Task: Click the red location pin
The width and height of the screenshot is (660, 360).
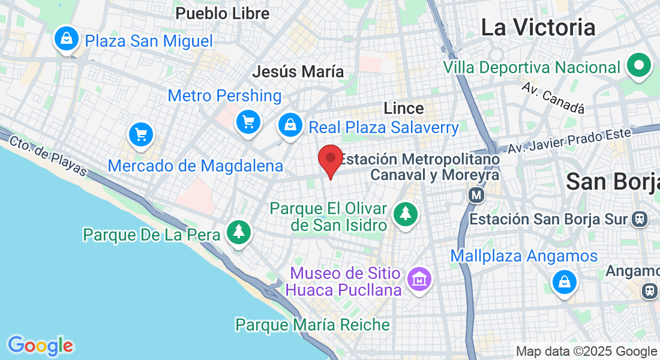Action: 330,160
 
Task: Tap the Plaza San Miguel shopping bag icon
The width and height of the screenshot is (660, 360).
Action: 67,39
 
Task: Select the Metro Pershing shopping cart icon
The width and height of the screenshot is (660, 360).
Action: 248,122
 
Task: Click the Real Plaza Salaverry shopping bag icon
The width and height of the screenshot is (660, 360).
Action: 290,125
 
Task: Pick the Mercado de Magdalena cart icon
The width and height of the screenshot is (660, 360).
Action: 142,134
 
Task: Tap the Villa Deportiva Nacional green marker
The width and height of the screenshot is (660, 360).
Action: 639,65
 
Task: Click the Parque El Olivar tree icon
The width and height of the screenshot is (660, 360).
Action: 406,213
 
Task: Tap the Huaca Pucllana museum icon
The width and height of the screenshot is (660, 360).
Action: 419,279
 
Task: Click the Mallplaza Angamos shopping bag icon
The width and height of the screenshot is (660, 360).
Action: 564,281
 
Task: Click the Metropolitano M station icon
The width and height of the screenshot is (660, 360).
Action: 476,195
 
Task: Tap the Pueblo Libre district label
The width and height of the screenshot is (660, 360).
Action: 222,13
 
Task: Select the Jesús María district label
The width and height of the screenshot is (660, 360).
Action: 298,72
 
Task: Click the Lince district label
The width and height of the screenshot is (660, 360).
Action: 404,108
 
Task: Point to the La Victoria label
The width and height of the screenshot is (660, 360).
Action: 538,28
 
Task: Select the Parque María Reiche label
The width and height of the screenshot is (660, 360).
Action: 312,325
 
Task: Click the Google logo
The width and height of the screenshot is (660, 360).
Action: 40,346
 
